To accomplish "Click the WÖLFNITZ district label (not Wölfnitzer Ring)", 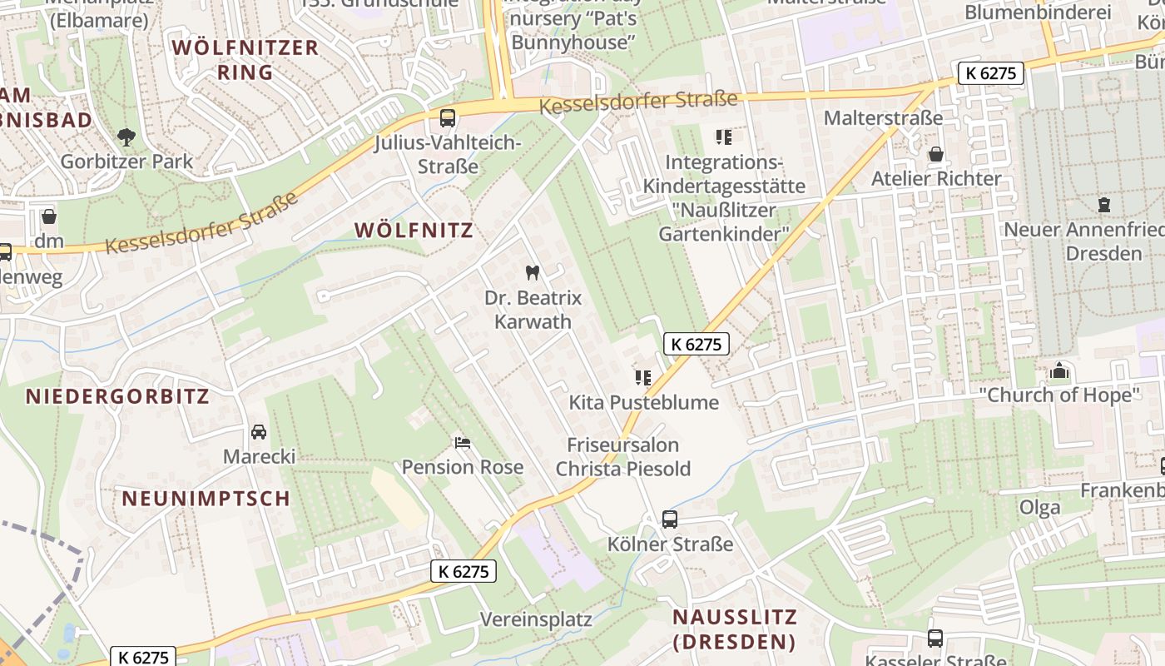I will point(414,231).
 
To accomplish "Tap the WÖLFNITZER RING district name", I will point(245,60).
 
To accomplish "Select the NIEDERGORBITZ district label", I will point(117,396).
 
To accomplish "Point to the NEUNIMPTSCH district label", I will point(206,499).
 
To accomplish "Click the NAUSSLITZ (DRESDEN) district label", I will point(734,629).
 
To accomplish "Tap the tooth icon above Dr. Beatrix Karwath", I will point(533,272).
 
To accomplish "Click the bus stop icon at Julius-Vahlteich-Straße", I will point(448,118).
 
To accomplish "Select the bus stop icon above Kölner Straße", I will point(670,519).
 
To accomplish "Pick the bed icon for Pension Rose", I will point(463,442).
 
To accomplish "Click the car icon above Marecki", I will point(259,432).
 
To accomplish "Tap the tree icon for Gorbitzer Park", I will point(126,137).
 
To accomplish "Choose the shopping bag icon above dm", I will point(49,217).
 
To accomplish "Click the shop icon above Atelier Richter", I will point(936,154).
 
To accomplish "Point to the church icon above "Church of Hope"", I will point(1059,370).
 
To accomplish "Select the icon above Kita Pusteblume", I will point(643,378).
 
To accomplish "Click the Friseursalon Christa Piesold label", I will point(623,457).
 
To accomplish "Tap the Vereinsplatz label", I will point(537,619).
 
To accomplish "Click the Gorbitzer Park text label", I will point(126,162).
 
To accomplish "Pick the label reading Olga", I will point(1040,507).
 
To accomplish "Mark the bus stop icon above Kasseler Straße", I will point(935,639).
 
